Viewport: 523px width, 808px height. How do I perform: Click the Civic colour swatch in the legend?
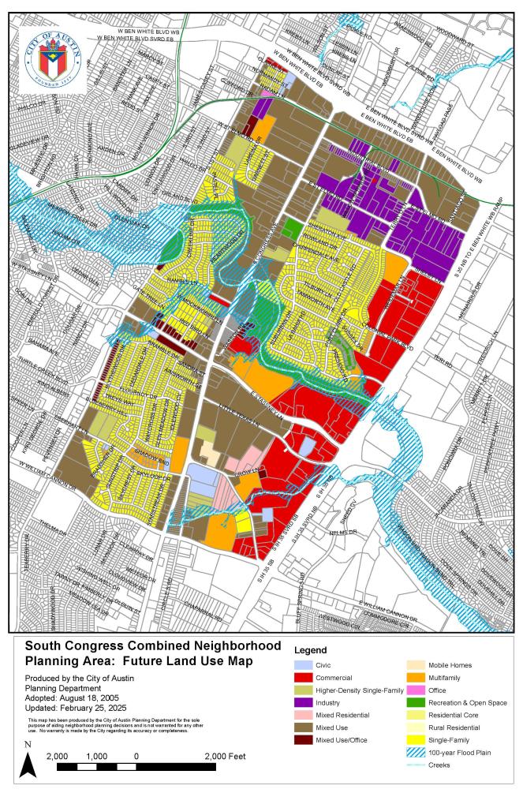306,664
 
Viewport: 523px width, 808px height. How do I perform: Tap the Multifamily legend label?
446,677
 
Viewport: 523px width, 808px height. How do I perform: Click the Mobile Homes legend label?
451,664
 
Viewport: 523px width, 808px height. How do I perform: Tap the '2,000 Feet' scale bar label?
226,756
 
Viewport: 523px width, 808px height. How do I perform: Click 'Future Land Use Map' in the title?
183,660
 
